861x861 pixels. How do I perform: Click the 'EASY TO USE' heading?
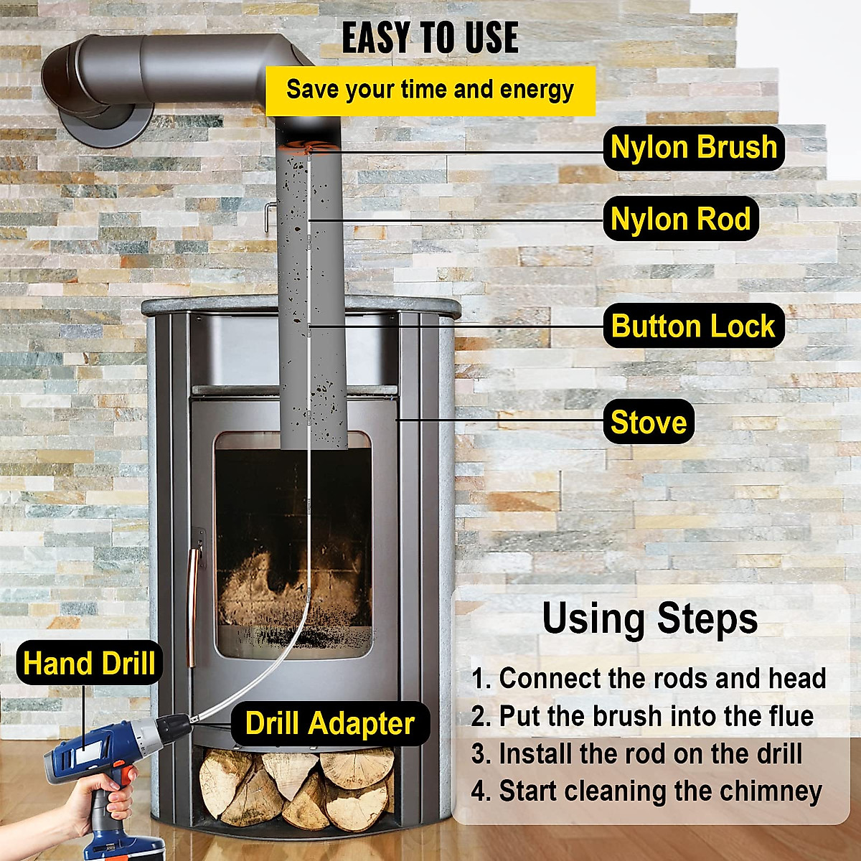tap(429, 38)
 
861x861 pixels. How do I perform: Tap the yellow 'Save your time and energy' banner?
tap(430, 90)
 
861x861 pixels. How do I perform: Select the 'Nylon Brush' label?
tap(693, 148)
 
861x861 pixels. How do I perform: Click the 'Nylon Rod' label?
tap(680, 219)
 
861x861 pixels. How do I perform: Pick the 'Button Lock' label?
tap(693, 326)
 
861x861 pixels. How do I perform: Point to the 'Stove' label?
tap(648, 422)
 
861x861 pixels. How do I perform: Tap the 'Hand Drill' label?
tap(89, 663)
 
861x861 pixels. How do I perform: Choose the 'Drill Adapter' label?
tap(330, 723)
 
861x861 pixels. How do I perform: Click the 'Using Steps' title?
tap(649, 618)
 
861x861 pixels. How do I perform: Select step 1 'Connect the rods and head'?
tap(649, 678)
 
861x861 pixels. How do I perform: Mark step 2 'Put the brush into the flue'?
tap(642, 716)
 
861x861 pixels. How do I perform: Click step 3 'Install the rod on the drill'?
tap(636, 754)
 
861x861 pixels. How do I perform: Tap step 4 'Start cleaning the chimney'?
tap(646, 791)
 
